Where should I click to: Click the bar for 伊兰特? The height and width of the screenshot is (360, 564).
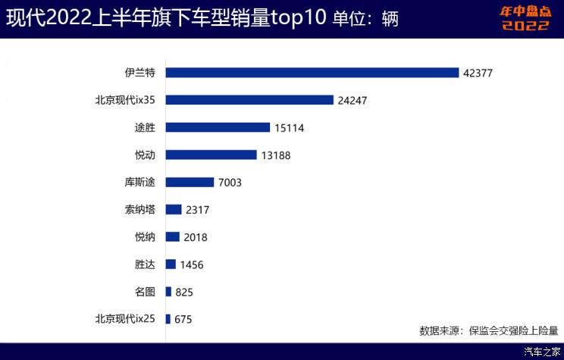[x=312, y=73]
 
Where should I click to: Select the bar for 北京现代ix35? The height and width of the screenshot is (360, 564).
[x=249, y=100]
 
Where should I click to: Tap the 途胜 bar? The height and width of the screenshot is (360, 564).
[x=218, y=127]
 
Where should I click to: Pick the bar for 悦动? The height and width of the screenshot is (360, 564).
[x=211, y=155]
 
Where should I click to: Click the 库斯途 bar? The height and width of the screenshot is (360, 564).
[x=190, y=182]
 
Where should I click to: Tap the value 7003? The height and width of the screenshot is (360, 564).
[x=229, y=183]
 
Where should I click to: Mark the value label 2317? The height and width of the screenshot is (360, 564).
[x=196, y=210]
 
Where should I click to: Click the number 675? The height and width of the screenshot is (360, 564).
[x=183, y=319]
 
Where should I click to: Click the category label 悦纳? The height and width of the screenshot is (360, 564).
[x=145, y=236]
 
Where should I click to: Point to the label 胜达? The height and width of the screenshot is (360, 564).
[x=145, y=264]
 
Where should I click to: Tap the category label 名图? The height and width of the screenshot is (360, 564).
[x=145, y=291]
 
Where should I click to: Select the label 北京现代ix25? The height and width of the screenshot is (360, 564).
[x=125, y=318]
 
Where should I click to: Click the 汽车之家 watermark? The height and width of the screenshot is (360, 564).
[x=541, y=352]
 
